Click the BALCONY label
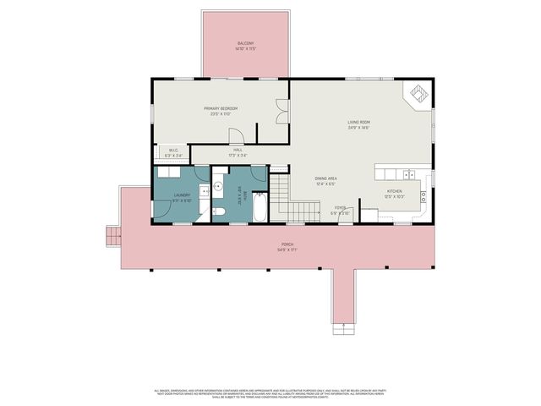pos(245,46)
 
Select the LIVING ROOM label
pos(359,124)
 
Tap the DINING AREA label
pos(326,180)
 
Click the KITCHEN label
pos(395,194)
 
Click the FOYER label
pos(339,209)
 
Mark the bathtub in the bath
pos(260,208)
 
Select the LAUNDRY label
pos(183,196)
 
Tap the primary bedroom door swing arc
pos(238,136)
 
